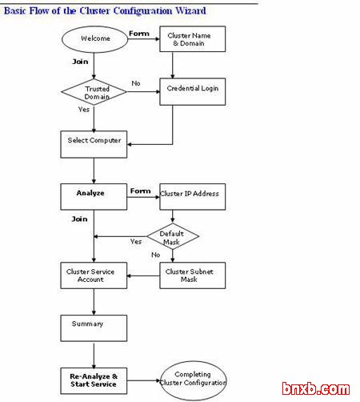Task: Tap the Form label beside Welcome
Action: pos(139,34)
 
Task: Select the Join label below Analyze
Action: pos(79,219)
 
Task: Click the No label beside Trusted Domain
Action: pos(136,83)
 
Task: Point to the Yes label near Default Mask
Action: pos(136,242)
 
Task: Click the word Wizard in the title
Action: pos(190,10)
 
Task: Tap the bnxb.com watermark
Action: pos(316,388)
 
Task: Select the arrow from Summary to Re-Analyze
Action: pos(94,356)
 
